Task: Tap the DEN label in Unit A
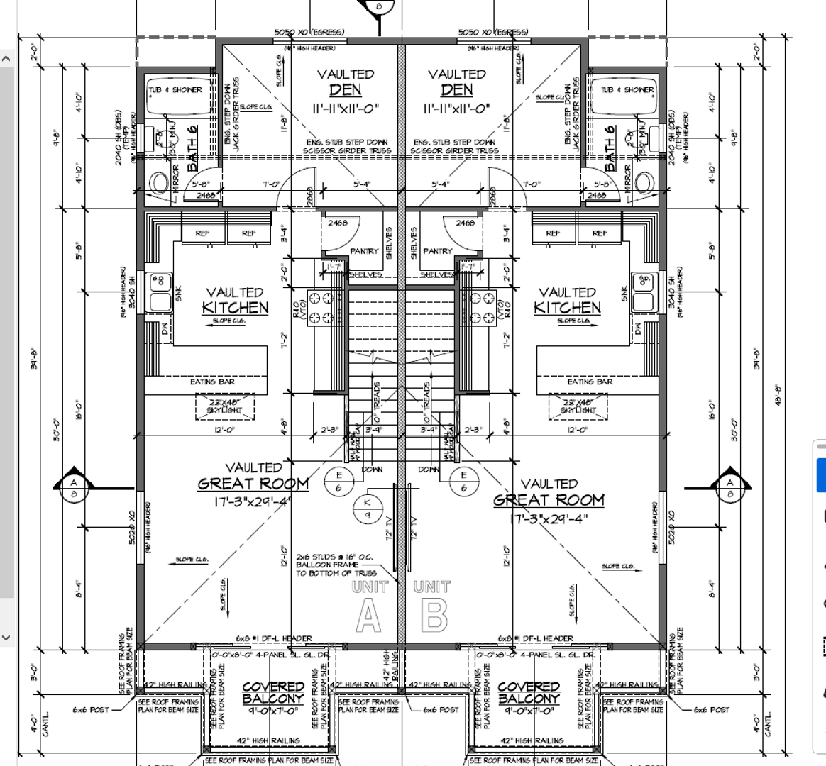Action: [x=346, y=90]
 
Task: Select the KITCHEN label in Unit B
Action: [x=567, y=308]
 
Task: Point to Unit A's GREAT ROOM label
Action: [x=253, y=484]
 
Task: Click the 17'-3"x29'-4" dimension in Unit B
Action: [x=550, y=518]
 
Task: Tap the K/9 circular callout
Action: [x=368, y=508]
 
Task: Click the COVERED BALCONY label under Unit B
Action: [x=529, y=692]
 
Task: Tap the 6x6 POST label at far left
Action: [x=90, y=709]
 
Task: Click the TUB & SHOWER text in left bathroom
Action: [x=175, y=90]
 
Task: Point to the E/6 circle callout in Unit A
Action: [x=338, y=481]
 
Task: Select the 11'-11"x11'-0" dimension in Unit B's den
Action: [x=456, y=109]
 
